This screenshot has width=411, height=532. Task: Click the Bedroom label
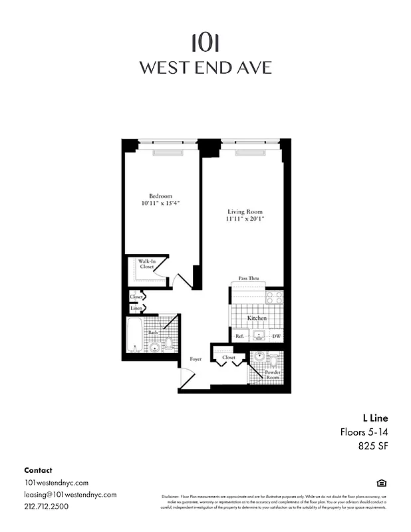(160, 196)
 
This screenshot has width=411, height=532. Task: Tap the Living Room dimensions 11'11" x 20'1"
(244, 219)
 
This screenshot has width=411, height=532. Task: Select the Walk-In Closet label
(147, 264)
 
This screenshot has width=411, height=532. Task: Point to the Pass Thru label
(248, 279)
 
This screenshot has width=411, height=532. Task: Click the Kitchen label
(257, 319)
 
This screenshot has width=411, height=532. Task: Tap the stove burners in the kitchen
(275, 297)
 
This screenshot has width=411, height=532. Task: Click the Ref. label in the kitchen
(239, 336)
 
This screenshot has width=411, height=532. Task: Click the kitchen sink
(257, 336)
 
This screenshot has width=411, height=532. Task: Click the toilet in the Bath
(169, 343)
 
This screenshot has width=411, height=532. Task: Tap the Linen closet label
(136, 309)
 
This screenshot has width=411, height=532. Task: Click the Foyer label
(196, 359)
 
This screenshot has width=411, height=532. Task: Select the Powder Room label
(273, 375)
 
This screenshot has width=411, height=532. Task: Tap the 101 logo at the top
(205, 43)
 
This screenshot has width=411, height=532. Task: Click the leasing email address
(70, 495)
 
